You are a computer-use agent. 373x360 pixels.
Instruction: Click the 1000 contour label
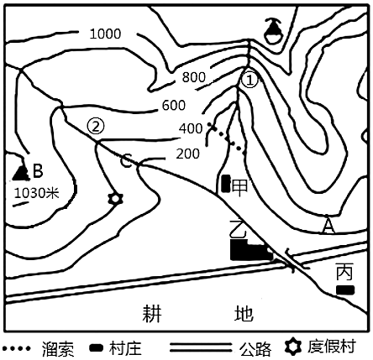click(105, 34)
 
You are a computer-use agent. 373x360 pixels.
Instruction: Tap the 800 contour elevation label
click(194, 77)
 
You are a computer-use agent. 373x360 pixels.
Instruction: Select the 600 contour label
click(174, 105)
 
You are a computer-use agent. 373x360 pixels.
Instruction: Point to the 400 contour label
click(191, 128)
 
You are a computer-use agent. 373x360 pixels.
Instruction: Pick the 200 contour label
click(188, 154)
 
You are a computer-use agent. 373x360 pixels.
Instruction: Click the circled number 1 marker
click(250, 81)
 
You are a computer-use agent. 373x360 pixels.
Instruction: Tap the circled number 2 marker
click(96, 127)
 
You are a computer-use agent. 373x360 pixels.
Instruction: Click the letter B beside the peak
click(38, 170)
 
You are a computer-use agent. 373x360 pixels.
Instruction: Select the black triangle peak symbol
click(21, 173)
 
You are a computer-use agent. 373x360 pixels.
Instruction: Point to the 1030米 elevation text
click(37, 193)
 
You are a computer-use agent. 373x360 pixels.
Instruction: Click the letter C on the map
click(126, 162)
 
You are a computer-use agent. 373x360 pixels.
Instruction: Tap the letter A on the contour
click(328, 227)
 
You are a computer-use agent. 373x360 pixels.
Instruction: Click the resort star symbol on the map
click(115, 199)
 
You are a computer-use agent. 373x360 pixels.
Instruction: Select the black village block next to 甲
click(225, 184)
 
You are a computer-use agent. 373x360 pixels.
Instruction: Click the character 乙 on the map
click(238, 228)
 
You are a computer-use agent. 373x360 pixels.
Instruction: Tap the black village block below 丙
click(345, 290)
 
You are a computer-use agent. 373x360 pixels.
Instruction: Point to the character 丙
click(344, 271)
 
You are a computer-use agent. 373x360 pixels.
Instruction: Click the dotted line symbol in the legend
click(16, 348)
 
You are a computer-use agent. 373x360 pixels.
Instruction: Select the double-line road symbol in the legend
click(201, 347)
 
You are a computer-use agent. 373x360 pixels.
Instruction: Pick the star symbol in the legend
click(293, 347)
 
